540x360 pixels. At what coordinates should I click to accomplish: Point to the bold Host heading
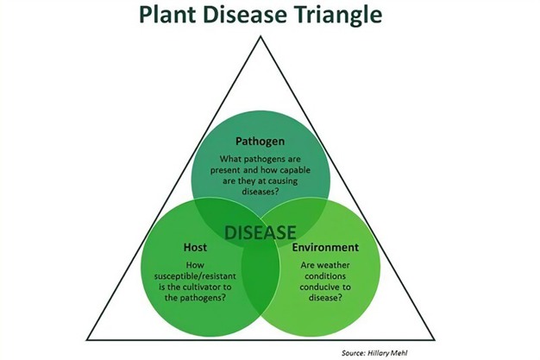(195, 248)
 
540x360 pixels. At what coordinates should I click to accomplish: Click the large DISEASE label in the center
(261, 232)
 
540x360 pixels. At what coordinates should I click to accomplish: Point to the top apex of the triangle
(261, 38)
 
